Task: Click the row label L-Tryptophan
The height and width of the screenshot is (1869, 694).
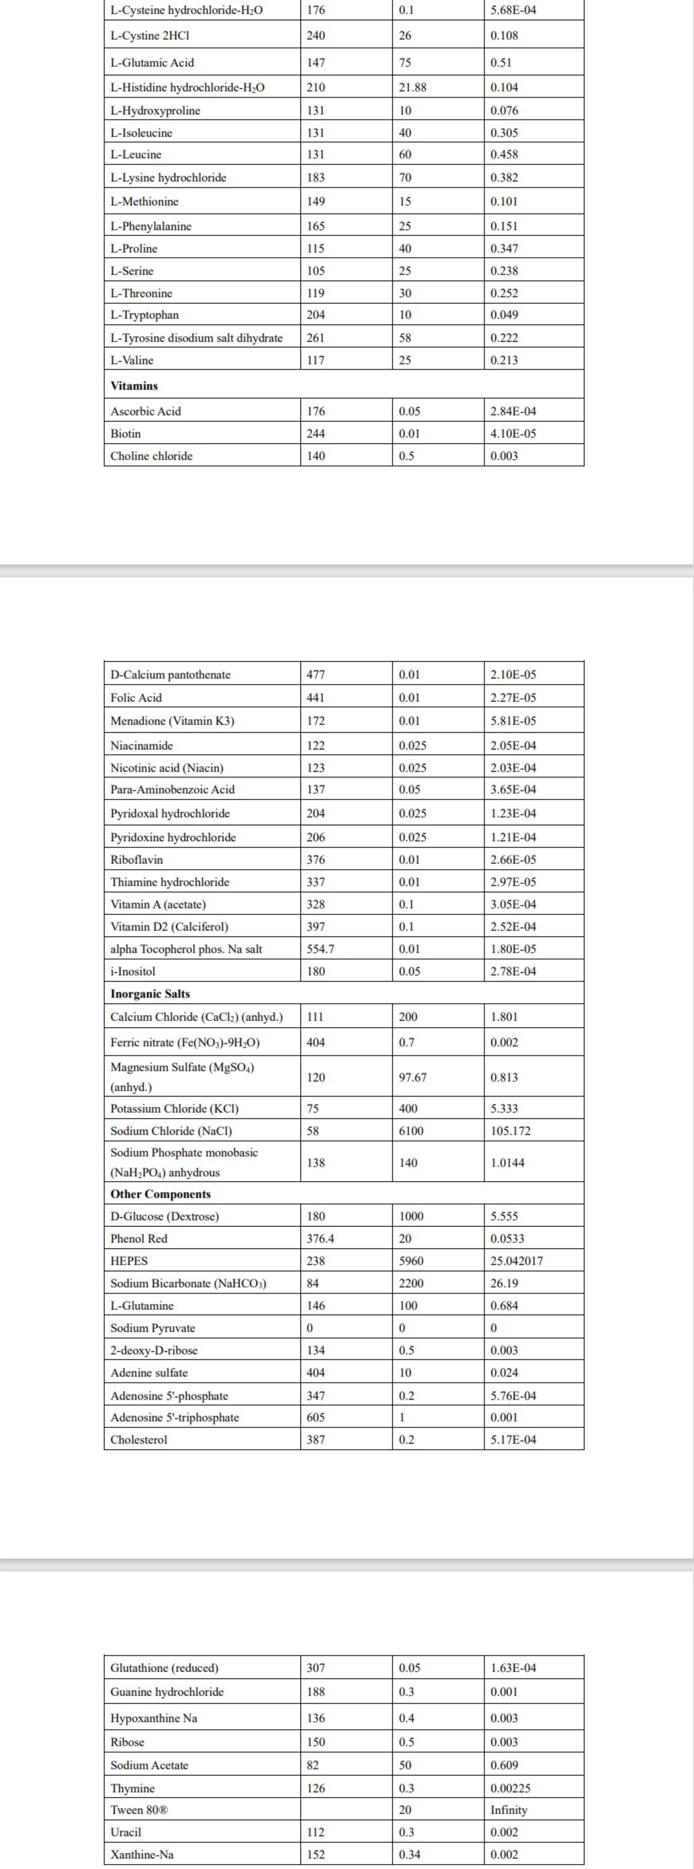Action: tap(144, 315)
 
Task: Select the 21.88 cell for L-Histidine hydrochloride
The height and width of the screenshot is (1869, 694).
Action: tap(412, 87)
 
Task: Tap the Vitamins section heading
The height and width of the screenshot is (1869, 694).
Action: tap(134, 386)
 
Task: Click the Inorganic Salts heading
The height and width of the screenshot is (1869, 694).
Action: tap(150, 994)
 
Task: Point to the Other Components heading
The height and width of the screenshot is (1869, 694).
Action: tap(160, 1194)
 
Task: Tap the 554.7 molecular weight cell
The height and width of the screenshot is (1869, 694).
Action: tap(320, 949)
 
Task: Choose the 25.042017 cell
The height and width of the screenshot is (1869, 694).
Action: tap(516, 1261)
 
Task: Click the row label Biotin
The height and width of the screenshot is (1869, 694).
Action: tap(126, 434)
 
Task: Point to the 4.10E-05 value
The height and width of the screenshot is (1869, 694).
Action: tap(513, 434)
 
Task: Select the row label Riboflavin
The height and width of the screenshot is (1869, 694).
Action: tap(137, 860)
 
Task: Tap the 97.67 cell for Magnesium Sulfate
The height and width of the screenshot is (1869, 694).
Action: tap(412, 1077)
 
